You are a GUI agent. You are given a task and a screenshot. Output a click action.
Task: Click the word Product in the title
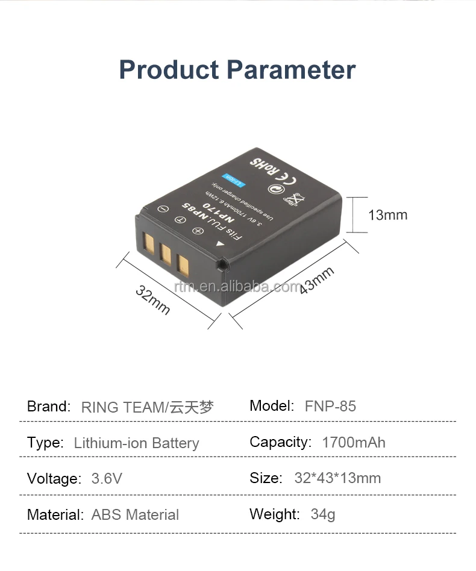coord(169,69)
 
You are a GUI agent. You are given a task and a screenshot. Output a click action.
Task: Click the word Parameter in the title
coord(291,69)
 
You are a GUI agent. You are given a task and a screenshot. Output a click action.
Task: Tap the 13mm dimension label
coord(388,215)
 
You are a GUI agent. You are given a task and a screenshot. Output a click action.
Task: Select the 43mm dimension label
coord(317,280)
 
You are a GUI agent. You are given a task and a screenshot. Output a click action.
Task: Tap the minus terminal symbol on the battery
coord(162,209)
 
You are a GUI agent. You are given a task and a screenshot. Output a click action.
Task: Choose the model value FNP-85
coord(330,406)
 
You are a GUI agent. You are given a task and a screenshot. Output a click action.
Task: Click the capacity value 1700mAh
coord(354,442)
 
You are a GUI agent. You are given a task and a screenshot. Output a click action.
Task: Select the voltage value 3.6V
coord(107,479)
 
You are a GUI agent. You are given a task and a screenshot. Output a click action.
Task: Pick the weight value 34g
coord(323,514)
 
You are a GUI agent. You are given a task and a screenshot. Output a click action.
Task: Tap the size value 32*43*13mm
coord(337,478)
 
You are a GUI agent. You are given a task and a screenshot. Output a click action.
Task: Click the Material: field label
coord(55,515)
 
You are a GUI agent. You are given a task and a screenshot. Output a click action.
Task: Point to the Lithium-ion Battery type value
coord(136,443)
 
